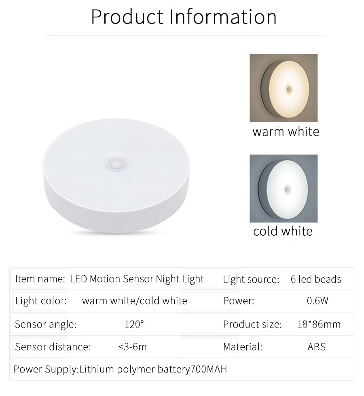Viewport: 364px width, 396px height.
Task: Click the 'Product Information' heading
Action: pyautogui.click(x=184, y=17)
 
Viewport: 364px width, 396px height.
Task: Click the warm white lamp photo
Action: pyautogui.click(x=283, y=88)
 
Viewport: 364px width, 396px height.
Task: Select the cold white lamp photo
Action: pyautogui.click(x=283, y=188)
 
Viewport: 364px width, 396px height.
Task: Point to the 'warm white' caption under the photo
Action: pyautogui.click(x=286, y=132)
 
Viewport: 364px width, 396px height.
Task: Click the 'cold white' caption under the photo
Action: pyautogui.click(x=283, y=231)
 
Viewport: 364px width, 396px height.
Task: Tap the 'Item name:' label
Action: pyautogui.click(x=40, y=279)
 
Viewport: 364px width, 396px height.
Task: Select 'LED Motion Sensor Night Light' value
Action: pyautogui.click(x=137, y=279)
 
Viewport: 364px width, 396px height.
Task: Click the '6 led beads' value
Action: pyautogui.click(x=316, y=279)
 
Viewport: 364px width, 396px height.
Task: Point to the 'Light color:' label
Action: pyautogui.click(x=40, y=301)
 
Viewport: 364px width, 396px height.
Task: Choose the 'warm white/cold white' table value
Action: pyautogui.click(x=135, y=301)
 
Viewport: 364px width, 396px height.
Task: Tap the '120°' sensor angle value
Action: pyautogui.click(x=134, y=324)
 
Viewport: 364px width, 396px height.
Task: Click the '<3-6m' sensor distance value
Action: pyautogui.click(x=132, y=347)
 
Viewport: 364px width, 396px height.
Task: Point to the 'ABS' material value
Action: pyautogui.click(x=316, y=347)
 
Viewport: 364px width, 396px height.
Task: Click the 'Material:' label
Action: pyautogui.click(x=243, y=347)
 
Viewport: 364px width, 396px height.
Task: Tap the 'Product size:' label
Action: pyautogui.click(x=252, y=324)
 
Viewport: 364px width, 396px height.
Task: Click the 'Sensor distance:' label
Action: pyautogui.click(x=53, y=347)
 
